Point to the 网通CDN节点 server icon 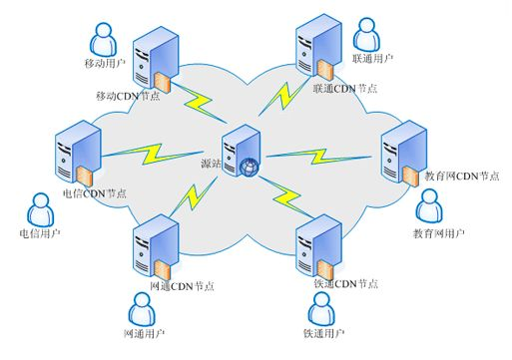[154, 244]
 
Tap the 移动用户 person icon [103, 40]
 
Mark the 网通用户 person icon [143, 308]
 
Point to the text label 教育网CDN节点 [461, 175]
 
